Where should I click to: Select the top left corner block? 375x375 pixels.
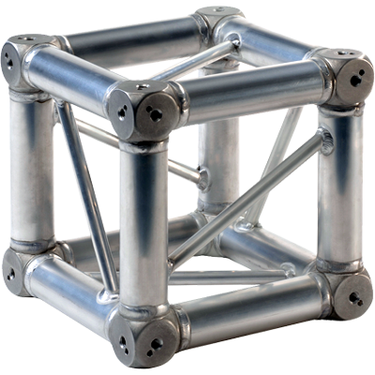tap(21, 60)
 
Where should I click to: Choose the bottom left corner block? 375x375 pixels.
tap(21, 267)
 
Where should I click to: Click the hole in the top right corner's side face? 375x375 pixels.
tap(357, 80)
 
